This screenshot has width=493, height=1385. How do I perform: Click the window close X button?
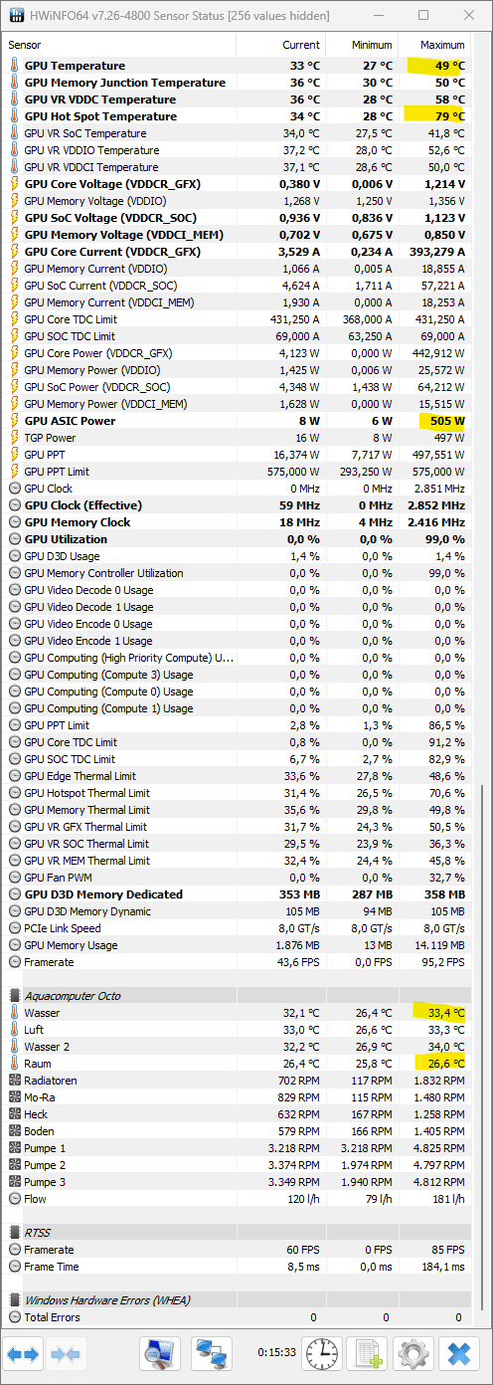point(469,16)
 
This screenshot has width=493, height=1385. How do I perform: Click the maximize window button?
point(423,16)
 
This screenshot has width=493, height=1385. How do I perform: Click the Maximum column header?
point(442,45)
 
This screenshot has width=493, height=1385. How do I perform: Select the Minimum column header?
point(372,45)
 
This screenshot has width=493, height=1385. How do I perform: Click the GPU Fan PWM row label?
point(58,878)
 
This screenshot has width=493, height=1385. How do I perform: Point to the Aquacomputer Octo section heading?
point(73,995)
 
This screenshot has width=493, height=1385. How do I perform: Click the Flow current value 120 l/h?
point(303,1199)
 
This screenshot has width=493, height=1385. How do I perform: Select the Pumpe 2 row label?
point(45,1165)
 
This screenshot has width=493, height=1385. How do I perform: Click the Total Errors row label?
point(52,1317)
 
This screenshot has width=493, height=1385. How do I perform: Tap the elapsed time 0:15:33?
point(276,1352)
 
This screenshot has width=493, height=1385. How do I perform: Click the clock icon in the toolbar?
point(322,1354)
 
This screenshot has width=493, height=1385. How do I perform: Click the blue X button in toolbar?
point(459,1354)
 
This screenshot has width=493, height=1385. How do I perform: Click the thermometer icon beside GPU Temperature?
point(14,66)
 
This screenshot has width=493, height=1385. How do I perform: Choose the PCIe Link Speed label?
point(63,928)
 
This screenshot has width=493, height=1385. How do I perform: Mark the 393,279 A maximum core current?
point(436,252)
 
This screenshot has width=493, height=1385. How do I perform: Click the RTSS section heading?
point(37,1233)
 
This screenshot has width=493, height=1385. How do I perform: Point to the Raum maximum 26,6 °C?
point(446,1064)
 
